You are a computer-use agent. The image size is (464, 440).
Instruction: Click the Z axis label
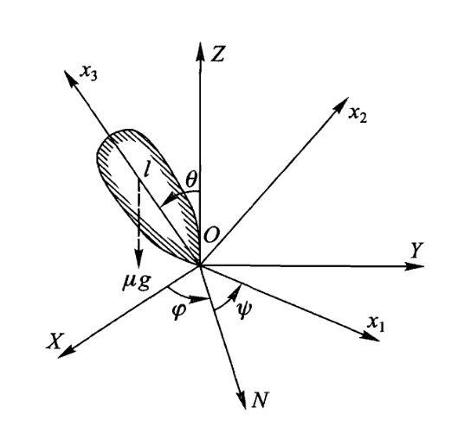tap(218, 54)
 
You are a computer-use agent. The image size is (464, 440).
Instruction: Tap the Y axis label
tap(416, 251)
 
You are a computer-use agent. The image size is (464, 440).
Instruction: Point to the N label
tap(261, 399)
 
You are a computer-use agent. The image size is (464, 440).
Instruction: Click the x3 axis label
tap(89, 73)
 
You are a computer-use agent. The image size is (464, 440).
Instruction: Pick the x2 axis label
tap(358, 115)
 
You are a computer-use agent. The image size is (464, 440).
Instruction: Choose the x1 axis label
tap(376, 324)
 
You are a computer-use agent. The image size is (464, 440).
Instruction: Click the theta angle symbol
tap(191, 180)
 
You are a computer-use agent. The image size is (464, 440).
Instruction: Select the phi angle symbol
tap(178, 310)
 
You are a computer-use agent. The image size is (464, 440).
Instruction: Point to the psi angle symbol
tap(244, 309)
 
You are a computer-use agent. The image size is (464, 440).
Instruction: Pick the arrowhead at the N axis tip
tap(242, 400)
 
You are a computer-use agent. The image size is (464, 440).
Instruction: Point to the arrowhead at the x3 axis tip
tap(70, 78)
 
